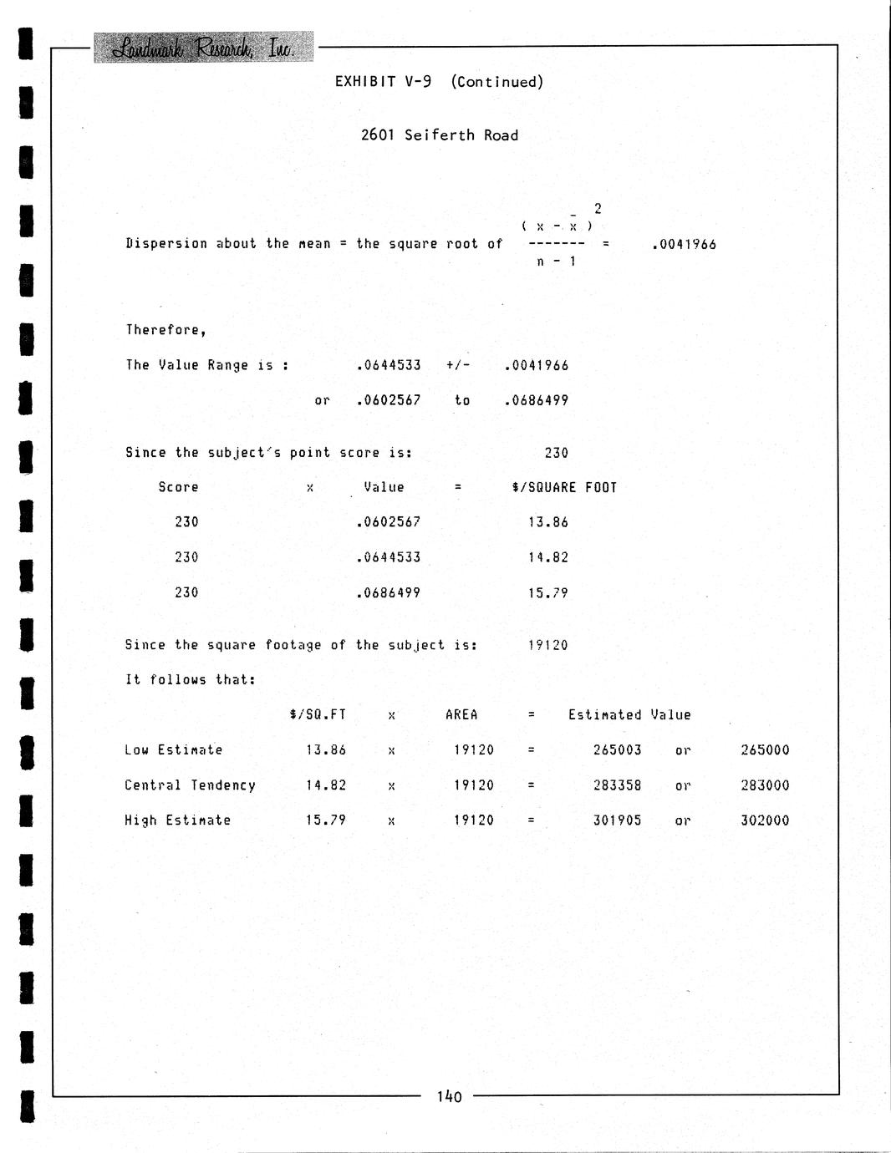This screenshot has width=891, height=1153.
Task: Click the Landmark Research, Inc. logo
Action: coord(203,48)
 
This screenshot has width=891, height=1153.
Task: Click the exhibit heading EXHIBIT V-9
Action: coord(383,82)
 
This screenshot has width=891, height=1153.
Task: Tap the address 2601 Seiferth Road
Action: coord(439,135)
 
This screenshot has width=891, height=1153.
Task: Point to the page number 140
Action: coord(449,1096)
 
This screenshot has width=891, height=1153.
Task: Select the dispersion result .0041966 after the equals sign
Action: coord(683,245)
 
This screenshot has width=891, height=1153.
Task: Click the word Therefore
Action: coord(165,330)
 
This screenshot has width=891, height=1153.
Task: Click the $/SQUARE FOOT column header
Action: coord(564,488)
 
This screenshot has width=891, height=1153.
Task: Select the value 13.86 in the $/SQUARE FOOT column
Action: coord(547,522)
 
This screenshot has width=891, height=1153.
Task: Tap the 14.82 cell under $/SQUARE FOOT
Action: coord(547,557)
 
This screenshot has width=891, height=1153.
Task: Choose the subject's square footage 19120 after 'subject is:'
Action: coord(547,645)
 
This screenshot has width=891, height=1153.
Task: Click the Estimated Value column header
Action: coord(629,715)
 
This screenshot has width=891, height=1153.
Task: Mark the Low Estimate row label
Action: coord(173,750)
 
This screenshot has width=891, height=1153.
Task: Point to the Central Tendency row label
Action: coord(190,785)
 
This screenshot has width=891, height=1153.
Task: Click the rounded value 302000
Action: coord(765,820)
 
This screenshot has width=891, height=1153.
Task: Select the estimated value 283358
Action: coord(617,785)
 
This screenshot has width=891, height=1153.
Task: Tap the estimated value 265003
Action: coord(617,750)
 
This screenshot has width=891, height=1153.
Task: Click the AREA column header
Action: coord(461,715)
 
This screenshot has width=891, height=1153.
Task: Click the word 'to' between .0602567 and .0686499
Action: coord(462,400)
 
